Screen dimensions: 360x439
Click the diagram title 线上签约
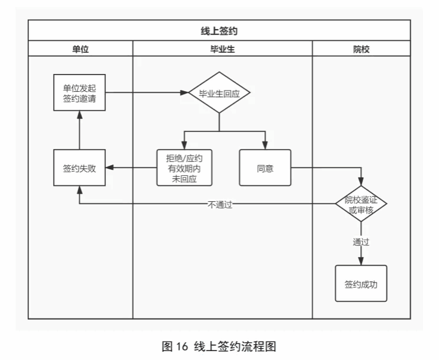(x=219, y=30)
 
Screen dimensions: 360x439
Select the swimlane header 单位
(x=80, y=49)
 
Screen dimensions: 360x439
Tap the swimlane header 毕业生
(x=222, y=49)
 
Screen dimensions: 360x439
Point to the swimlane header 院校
(x=361, y=49)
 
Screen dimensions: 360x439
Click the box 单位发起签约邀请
(x=80, y=93)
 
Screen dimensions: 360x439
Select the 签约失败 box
(x=80, y=168)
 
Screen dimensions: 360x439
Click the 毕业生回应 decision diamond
(x=220, y=93)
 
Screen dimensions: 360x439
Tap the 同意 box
(x=265, y=168)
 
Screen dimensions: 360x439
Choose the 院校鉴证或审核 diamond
(x=361, y=203)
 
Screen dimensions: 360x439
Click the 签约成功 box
(x=361, y=284)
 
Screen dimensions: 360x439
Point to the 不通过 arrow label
(x=220, y=205)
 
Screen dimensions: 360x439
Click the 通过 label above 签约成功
(x=361, y=242)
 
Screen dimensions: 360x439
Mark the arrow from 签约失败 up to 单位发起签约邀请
(x=80, y=130)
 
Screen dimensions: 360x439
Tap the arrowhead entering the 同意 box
(x=265, y=146)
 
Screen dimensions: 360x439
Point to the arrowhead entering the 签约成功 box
(x=361, y=261)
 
